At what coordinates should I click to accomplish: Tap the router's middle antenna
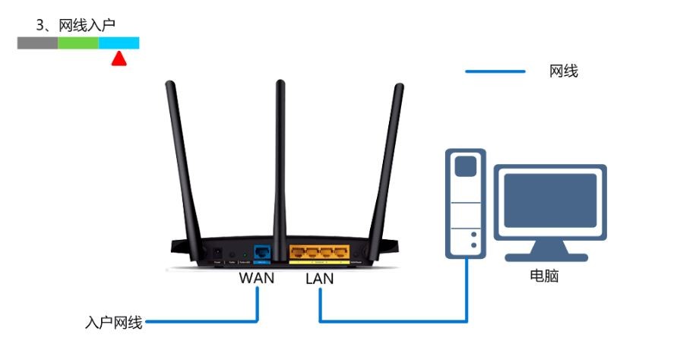point(280,159)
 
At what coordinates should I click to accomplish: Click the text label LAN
point(320,279)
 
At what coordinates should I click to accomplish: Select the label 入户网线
point(114,322)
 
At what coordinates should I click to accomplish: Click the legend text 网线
point(564,71)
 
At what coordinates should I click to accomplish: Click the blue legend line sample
point(495,71)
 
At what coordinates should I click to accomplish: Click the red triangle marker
point(119,58)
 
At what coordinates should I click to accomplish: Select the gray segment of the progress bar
point(37,43)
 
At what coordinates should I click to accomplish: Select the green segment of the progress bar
point(78,43)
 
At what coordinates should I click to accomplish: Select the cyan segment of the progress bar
point(119,43)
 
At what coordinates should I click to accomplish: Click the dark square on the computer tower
point(466,166)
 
